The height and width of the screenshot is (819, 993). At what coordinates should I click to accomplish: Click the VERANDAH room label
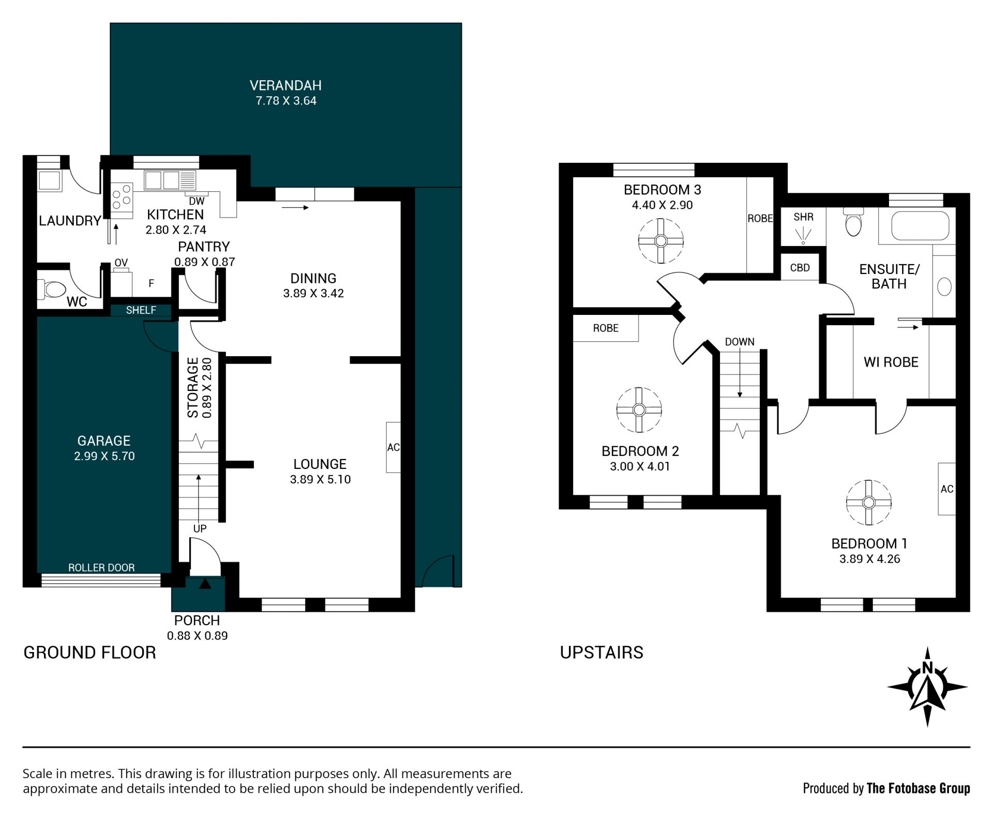point(285,85)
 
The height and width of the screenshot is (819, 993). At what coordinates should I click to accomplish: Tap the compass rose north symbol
point(927,687)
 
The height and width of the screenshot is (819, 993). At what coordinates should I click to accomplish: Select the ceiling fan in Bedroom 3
point(660,240)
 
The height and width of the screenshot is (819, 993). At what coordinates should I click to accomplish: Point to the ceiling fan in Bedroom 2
point(639,410)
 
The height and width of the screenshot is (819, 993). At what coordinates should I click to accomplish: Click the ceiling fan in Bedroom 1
point(869,503)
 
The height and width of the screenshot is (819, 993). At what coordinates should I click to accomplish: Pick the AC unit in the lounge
point(393,447)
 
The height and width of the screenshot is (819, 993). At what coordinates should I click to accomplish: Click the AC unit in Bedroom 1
point(947,489)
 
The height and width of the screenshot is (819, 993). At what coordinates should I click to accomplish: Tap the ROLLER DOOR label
point(101,568)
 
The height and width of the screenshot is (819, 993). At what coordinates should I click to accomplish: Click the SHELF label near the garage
point(141,310)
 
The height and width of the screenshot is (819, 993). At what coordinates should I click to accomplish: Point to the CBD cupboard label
point(800,268)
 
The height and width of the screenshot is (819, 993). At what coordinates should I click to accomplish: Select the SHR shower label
point(803,217)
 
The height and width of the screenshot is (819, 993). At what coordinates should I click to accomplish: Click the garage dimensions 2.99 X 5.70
point(104,456)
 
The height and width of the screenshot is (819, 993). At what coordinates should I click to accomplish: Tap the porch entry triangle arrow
point(205,584)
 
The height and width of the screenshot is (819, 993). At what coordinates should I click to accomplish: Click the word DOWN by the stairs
point(740,342)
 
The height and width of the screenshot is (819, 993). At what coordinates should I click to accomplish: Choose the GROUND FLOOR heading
point(89,653)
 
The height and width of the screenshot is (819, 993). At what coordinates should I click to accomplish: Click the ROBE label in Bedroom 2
point(606,328)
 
